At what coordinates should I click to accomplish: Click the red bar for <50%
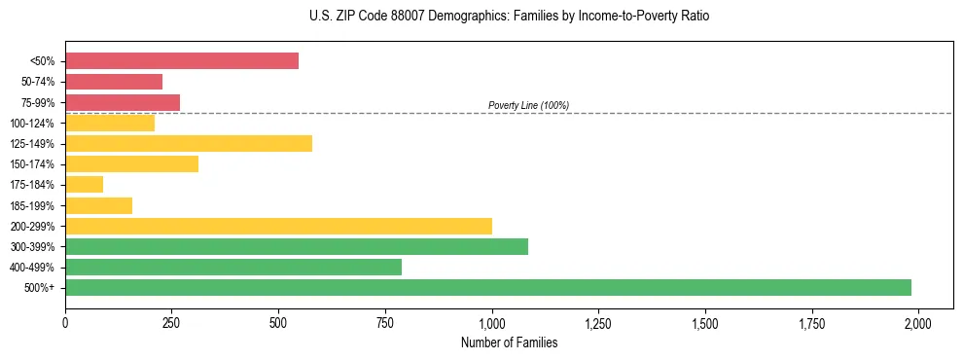182,61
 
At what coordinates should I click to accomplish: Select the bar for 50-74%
114,82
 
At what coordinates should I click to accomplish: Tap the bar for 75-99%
123,102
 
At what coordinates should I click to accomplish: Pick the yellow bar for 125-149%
189,144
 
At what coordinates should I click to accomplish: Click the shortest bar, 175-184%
85,185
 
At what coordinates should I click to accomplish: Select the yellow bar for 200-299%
278,226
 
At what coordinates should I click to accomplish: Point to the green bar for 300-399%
297,246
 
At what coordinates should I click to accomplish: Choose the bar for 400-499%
233,267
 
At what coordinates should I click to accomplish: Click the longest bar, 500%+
488,287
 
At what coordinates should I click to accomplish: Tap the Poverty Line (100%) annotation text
528,105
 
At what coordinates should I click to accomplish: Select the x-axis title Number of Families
510,342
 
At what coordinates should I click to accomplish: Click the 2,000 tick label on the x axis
918,322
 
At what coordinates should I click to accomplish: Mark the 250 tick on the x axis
172,322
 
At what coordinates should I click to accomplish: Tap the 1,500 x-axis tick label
705,322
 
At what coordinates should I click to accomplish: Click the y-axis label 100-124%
32,124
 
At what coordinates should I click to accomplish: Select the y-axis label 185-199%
32,205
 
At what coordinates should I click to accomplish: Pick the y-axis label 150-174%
32,164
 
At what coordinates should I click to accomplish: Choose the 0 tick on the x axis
65,322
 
